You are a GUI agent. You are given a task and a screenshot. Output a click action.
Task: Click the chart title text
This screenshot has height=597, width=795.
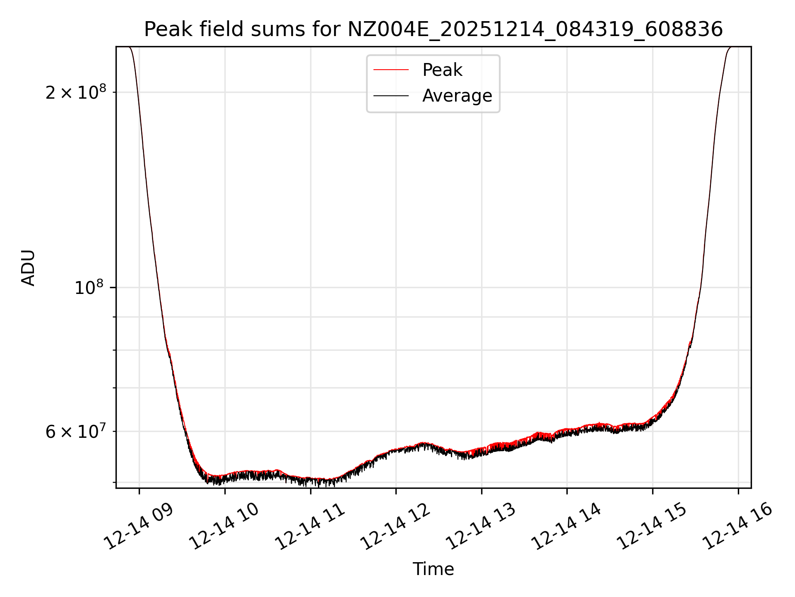[x=433, y=29]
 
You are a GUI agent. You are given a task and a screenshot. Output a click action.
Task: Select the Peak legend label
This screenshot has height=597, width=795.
[x=442, y=70]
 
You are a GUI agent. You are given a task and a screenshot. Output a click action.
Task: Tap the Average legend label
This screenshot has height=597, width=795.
[x=457, y=96]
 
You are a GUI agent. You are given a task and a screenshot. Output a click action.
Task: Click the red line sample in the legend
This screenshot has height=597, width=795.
[x=391, y=70]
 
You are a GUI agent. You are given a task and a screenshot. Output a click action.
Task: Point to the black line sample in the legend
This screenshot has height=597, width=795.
[x=391, y=96]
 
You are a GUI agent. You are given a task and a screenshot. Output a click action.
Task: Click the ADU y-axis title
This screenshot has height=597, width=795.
[x=28, y=268]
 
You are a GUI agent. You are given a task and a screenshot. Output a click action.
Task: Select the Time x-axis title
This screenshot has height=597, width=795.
[x=433, y=569]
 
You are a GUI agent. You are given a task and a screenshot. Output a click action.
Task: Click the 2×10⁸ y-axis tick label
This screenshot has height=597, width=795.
[x=76, y=92]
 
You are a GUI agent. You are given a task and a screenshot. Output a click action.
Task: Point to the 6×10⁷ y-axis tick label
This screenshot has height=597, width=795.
[x=76, y=432]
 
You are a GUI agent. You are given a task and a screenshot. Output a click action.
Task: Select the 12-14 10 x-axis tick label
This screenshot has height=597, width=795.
[x=225, y=526]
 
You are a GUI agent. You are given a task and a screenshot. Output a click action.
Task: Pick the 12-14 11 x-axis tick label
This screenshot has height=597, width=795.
[x=311, y=526]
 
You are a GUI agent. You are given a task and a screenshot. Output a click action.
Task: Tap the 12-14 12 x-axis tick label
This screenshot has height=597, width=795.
[x=396, y=526]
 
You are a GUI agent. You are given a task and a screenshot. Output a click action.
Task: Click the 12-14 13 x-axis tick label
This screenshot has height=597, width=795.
[x=482, y=526]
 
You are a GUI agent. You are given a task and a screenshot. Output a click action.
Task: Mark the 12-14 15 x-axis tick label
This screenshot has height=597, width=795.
[x=653, y=526]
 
